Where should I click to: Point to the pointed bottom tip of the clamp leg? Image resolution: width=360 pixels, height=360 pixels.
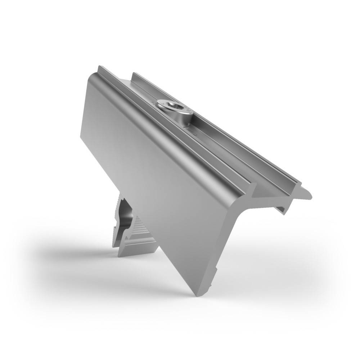(197, 294)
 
